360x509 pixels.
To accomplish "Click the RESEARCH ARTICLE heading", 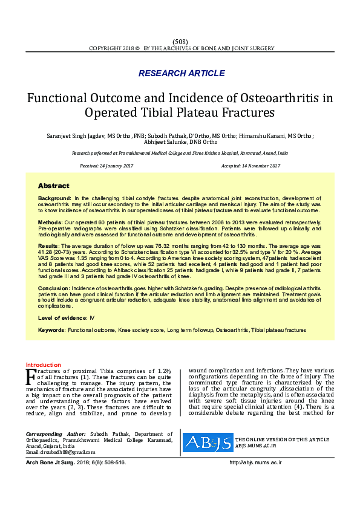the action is [182, 73].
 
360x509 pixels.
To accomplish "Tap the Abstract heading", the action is [54, 186].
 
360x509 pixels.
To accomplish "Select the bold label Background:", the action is [55, 198].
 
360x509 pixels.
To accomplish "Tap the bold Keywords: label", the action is [51, 330].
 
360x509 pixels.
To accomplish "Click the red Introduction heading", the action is [44, 365].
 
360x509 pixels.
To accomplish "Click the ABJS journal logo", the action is [207, 443].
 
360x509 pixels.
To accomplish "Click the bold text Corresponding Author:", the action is [56, 434].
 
